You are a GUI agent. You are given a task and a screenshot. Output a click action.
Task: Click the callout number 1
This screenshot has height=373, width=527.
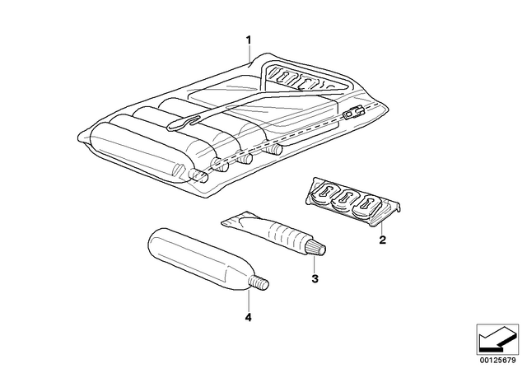click(x=249, y=40)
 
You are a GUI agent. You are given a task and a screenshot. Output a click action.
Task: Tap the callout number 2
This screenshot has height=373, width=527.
click(x=382, y=240)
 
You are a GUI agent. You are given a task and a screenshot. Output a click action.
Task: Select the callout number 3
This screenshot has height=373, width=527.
click(x=315, y=278)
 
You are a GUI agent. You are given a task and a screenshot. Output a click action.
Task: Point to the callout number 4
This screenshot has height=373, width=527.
click(x=248, y=317)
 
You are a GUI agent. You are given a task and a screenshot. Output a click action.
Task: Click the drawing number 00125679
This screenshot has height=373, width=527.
click(x=497, y=361)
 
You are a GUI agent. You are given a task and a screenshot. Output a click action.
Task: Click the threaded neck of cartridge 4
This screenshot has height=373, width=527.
click(x=259, y=282)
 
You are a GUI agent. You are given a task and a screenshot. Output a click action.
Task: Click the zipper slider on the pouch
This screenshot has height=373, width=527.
click(x=353, y=113)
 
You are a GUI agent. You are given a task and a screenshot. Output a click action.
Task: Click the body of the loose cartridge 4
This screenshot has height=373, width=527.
click(x=198, y=258)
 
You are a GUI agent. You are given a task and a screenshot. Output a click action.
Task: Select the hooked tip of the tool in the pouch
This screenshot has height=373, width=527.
click(x=183, y=122)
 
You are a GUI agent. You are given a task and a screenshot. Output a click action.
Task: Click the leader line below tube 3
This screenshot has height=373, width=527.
click(x=314, y=264)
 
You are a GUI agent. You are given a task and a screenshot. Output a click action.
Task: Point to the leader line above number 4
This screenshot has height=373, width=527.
click(x=249, y=300)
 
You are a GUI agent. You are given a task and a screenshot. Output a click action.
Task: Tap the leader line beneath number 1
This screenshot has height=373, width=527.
click(x=249, y=54)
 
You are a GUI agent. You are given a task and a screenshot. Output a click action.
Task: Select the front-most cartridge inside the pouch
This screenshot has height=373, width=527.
click(x=141, y=152)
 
